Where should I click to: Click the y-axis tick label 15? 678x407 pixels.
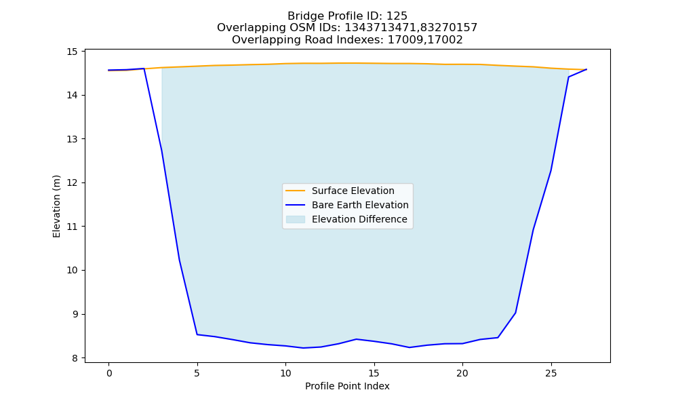click(x=72, y=52)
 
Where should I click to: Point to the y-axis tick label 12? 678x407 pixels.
click(x=72, y=183)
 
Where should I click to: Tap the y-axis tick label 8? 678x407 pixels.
click(x=75, y=358)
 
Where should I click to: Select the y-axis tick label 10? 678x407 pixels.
click(x=72, y=271)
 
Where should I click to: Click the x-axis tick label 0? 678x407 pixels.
click(x=109, y=373)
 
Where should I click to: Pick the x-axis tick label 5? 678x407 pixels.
click(x=197, y=373)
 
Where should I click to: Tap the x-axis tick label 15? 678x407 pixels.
click(x=374, y=373)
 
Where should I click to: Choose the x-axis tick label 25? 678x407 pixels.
click(x=551, y=373)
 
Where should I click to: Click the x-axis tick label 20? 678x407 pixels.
click(x=462, y=373)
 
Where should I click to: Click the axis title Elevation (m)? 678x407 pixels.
click(x=57, y=206)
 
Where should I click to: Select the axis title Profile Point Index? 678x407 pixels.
click(x=347, y=386)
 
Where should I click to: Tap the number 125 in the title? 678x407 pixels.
click(x=397, y=16)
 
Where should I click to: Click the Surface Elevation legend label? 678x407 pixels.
click(x=353, y=191)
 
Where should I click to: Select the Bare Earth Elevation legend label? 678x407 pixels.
click(x=360, y=205)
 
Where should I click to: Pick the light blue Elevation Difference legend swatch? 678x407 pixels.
click(x=296, y=219)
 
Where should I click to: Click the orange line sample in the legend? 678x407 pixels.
click(x=296, y=191)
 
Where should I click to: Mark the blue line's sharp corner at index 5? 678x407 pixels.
click(x=197, y=334)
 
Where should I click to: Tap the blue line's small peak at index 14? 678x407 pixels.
click(x=357, y=339)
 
